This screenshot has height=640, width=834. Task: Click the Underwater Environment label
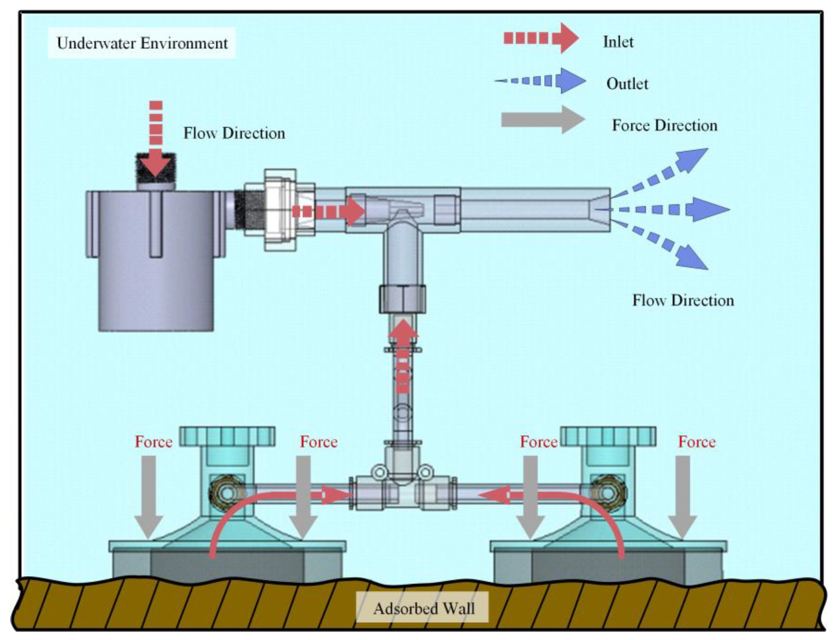(142, 43)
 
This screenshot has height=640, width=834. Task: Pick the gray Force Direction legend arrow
(543, 120)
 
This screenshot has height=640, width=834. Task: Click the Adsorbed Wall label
(423, 608)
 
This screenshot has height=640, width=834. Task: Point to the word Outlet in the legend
(627, 84)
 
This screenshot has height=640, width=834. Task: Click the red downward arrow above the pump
(156, 141)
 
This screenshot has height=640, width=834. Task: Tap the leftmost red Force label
(154, 442)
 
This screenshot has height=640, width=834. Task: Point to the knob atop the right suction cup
(608, 436)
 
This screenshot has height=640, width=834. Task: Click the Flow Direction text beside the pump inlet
(234, 133)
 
